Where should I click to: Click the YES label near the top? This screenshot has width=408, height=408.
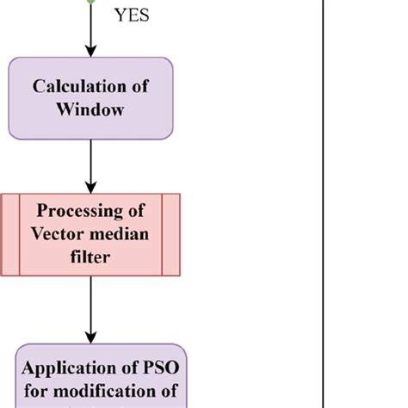coord(131,15)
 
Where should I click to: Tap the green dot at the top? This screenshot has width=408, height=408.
coord(90,2)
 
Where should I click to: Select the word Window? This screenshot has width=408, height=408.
coord(90,108)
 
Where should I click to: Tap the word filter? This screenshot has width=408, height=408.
coord(90,256)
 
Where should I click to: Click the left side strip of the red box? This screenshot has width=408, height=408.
coord(9,234)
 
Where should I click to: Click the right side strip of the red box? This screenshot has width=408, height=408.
coord(171,234)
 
